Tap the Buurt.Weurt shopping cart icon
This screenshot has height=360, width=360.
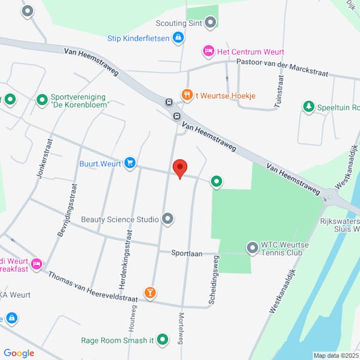pos(130,163)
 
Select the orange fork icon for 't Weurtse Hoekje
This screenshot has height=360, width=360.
pos(187,94)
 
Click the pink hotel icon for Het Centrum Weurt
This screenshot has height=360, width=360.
pos(208,52)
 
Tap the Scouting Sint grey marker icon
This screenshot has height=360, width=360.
pos(210,24)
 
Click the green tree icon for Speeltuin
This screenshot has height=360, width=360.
pos(308,107)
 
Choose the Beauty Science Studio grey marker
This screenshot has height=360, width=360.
pos(168,220)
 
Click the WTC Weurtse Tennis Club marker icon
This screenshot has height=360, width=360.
pos(253,247)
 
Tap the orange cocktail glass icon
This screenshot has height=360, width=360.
pos(149,293)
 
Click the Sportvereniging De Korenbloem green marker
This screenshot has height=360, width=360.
pos(42,100)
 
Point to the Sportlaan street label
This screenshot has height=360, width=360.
pos(188,253)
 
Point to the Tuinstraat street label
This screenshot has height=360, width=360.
pos(279,91)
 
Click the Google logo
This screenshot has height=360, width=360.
pos(19,353)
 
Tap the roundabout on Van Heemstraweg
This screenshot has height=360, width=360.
pos(331,196)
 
